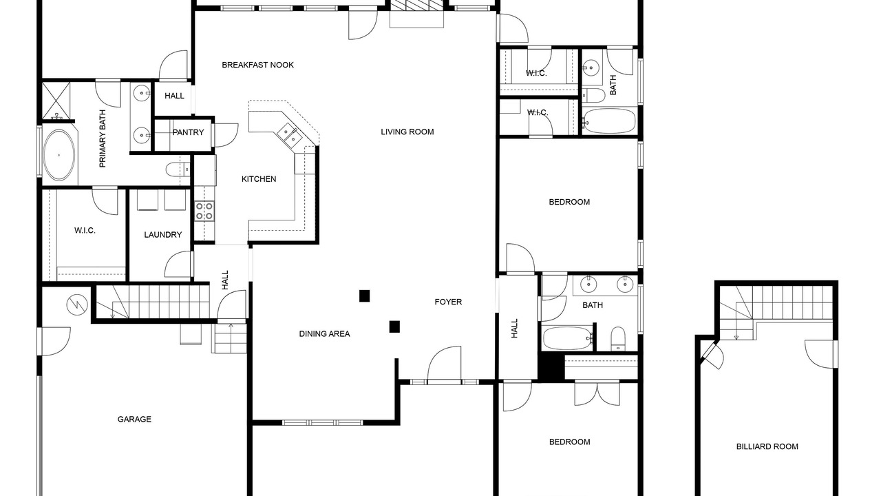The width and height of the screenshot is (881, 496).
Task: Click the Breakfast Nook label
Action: click(x=257, y=65)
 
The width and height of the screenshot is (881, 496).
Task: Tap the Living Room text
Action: click(x=407, y=132)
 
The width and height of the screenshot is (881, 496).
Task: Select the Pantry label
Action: click(x=189, y=132)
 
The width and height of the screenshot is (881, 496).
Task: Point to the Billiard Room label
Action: click(x=767, y=446)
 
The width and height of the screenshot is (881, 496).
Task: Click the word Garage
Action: click(x=134, y=420)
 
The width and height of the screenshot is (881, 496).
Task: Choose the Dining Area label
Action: click(x=324, y=334)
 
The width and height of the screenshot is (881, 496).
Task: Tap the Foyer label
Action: click(x=448, y=302)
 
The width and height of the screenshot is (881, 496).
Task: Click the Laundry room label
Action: click(x=163, y=235)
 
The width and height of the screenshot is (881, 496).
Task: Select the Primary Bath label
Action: click(x=103, y=138)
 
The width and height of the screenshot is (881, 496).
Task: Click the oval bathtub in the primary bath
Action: click(x=59, y=155)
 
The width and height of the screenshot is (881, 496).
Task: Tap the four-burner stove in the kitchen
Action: click(x=204, y=211)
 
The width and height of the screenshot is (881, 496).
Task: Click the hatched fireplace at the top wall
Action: click(x=417, y=5)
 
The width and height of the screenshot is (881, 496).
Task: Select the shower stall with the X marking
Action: click(x=56, y=101)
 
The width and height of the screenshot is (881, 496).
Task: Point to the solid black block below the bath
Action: click(x=551, y=366)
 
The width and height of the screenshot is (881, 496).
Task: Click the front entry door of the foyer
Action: click(x=444, y=364)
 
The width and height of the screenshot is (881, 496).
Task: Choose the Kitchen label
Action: click(x=259, y=179)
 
